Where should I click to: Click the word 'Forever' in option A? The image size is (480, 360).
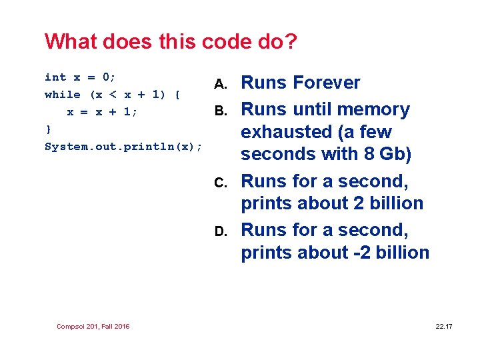coord(327,83)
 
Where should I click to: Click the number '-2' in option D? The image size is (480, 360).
coord(356,253)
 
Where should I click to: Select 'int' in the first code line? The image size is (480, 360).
coord(55,77)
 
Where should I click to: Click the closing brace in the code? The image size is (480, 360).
coord(47,129)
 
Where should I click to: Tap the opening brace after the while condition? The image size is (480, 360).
coord(177,95)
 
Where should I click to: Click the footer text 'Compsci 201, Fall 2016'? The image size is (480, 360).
coord(93,326)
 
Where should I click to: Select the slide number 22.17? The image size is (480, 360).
coord(443,326)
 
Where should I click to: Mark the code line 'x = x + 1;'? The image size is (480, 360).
coord(102,112)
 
